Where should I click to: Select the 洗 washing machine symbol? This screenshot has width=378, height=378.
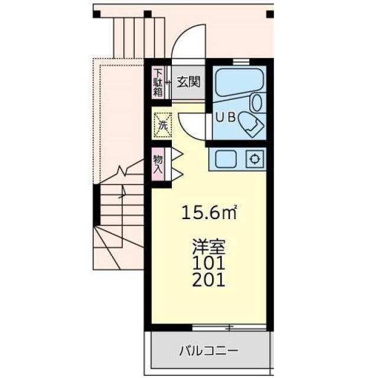point(162,124)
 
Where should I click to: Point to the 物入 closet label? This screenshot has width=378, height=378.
point(158,164)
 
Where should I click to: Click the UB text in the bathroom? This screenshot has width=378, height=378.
point(225,117)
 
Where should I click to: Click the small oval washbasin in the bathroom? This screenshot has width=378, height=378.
point(257,102)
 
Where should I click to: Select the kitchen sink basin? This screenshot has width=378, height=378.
point(226,159)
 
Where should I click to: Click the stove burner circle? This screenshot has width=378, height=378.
point(255,159)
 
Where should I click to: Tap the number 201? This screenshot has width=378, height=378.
point(208,279)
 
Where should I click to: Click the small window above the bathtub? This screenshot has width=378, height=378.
point(240,61)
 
